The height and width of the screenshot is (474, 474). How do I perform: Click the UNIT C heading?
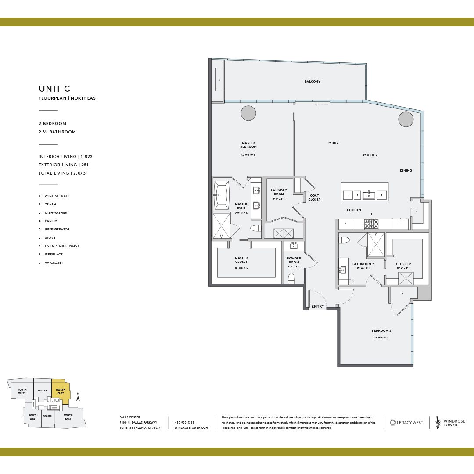(x=54, y=89)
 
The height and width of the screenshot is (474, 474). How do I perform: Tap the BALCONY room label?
(x=312, y=81)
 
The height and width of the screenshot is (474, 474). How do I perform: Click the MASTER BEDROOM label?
(x=248, y=145)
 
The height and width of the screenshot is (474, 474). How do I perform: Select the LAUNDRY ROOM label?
(x=279, y=192)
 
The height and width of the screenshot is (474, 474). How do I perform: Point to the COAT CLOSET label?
(x=314, y=197)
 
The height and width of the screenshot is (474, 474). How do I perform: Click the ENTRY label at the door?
(x=318, y=306)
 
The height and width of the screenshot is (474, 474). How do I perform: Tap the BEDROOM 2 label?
(x=381, y=330)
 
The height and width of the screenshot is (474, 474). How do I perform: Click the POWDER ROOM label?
(x=294, y=260)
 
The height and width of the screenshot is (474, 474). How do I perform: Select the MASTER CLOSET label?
(x=241, y=260)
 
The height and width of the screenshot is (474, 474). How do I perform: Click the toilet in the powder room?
(x=291, y=278)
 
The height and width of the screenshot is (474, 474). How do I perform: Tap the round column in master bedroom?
(x=248, y=113)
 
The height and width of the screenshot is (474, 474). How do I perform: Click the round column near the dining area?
(x=406, y=118)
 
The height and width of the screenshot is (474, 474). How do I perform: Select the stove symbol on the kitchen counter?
(x=371, y=224)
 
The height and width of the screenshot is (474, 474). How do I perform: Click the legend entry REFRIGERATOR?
(x=57, y=229)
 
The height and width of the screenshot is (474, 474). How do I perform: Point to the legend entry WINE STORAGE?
(x=57, y=196)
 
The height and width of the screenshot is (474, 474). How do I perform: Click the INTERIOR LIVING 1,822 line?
(x=65, y=156)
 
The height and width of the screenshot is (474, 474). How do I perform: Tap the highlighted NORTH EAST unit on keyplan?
(x=60, y=391)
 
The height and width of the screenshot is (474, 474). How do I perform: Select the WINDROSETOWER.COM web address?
(x=191, y=427)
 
